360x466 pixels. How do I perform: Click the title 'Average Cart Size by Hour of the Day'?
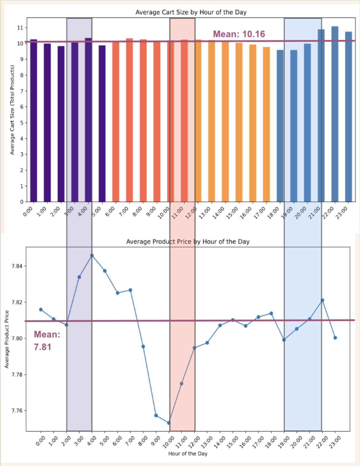(x=191, y=12)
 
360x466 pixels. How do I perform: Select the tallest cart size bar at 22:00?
(x=335, y=113)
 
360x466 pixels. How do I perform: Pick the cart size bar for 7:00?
(x=129, y=120)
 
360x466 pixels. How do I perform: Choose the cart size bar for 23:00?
(x=348, y=116)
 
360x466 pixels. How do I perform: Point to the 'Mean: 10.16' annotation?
(x=239, y=34)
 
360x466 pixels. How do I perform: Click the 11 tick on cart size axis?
(x=20, y=28)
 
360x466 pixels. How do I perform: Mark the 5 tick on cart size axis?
(x=22, y=123)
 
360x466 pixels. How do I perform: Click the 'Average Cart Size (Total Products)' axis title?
(x=12, y=110)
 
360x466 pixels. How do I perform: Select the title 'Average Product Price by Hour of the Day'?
(x=188, y=242)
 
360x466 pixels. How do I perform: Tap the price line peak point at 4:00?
(x=92, y=255)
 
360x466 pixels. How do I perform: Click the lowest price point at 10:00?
(x=169, y=423)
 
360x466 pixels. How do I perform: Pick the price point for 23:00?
(x=335, y=338)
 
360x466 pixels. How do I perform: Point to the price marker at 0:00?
(x=41, y=310)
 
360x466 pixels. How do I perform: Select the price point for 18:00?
(x=271, y=313)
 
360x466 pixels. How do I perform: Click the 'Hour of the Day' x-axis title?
(x=188, y=453)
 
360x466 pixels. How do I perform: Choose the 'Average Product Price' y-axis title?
(x=7, y=339)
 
